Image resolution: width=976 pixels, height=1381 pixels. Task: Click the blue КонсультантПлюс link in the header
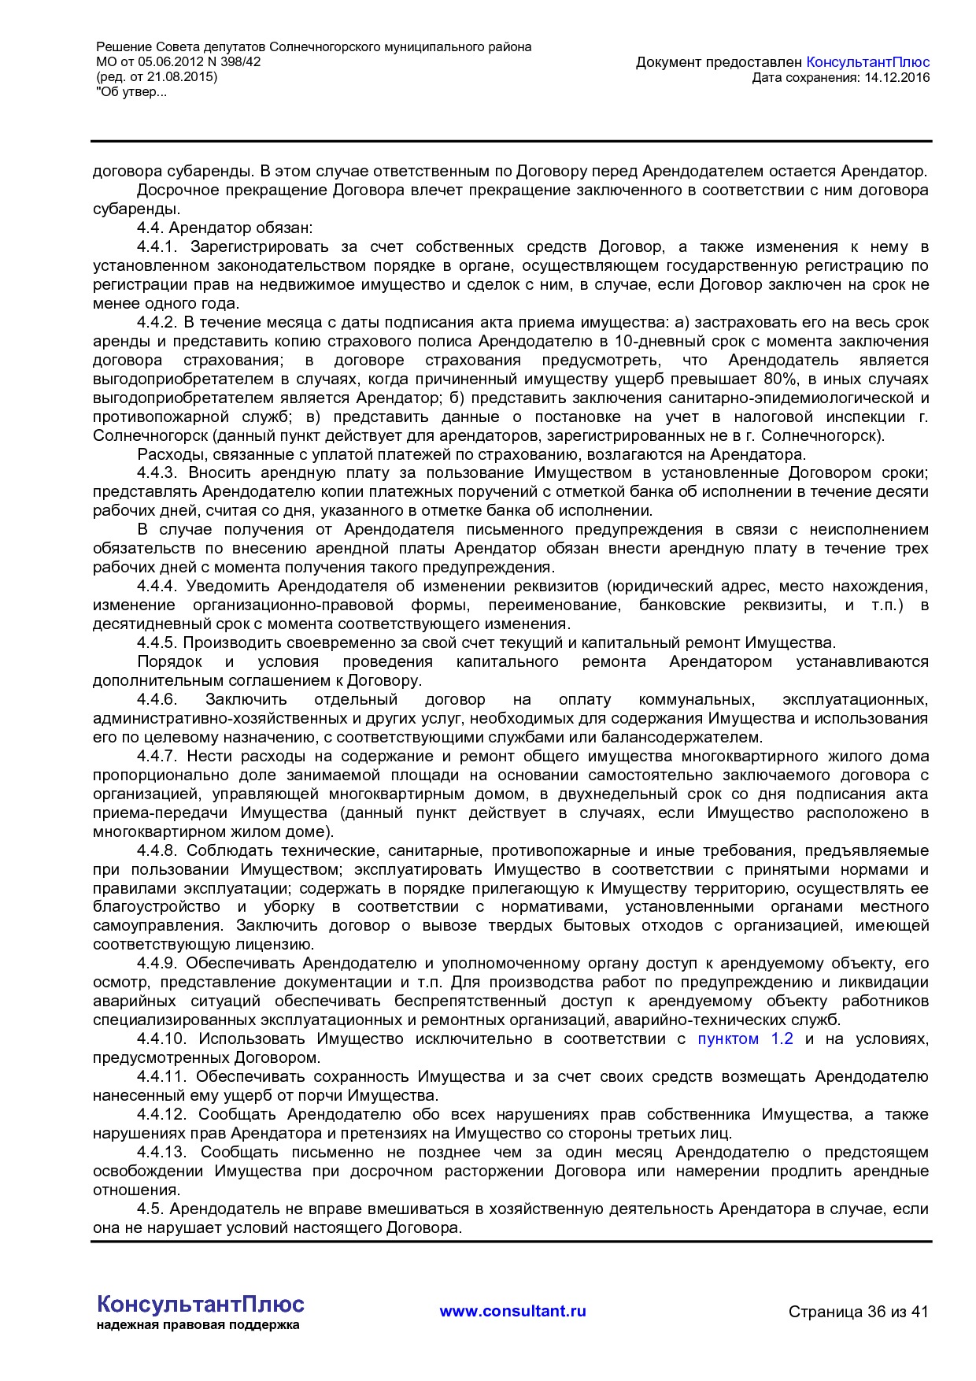tap(868, 62)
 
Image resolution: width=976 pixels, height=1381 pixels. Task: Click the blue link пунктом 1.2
tap(745, 1039)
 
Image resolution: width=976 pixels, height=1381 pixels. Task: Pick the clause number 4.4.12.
tap(162, 1115)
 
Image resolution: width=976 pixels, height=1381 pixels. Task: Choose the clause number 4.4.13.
tap(162, 1153)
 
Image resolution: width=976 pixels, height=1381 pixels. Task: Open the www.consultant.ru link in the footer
tap(512, 1311)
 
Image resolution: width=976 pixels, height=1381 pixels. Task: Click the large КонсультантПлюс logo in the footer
tap(200, 1304)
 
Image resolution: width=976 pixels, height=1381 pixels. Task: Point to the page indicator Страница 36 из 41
tap(858, 1312)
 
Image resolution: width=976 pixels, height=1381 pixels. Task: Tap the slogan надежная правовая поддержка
tap(198, 1325)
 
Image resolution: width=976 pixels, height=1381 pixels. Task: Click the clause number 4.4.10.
tap(162, 1039)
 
